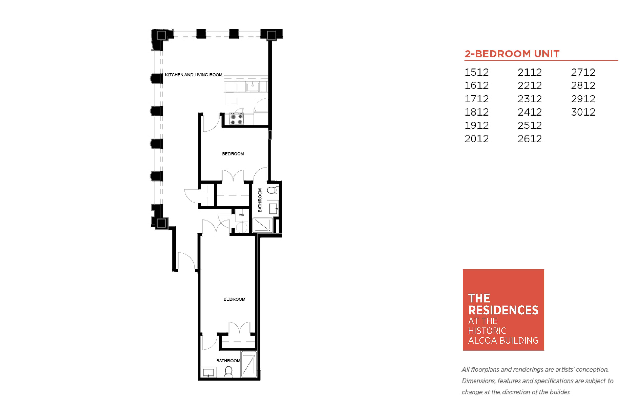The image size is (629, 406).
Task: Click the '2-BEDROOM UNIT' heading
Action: pyautogui.click(x=512, y=54)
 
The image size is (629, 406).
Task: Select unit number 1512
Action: pyautogui.click(x=476, y=72)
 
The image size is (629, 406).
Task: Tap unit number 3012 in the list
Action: pyautogui.click(x=583, y=112)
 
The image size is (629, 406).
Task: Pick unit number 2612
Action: pyautogui.click(x=529, y=139)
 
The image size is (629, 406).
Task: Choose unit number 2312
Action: pyautogui.click(x=529, y=99)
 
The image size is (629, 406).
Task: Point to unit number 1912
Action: pyautogui.click(x=476, y=126)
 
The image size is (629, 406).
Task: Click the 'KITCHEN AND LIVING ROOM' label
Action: pyautogui.click(x=194, y=75)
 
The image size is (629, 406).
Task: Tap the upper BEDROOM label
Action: pyautogui.click(x=233, y=154)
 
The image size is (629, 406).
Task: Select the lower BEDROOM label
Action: pyautogui.click(x=235, y=299)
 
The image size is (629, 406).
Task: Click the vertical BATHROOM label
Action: pyautogui.click(x=260, y=200)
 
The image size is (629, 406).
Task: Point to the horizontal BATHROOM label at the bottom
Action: pyautogui.click(x=228, y=360)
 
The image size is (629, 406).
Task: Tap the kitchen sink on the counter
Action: pyautogui.click(x=252, y=87)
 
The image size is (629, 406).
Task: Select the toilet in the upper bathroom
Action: pyautogui.click(x=273, y=190)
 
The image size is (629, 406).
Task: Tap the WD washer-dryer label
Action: pyautogui.click(x=241, y=215)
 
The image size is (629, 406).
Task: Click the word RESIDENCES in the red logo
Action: pyautogui.click(x=503, y=310)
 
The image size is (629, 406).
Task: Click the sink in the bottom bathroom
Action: pyautogui.click(x=208, y=373)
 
